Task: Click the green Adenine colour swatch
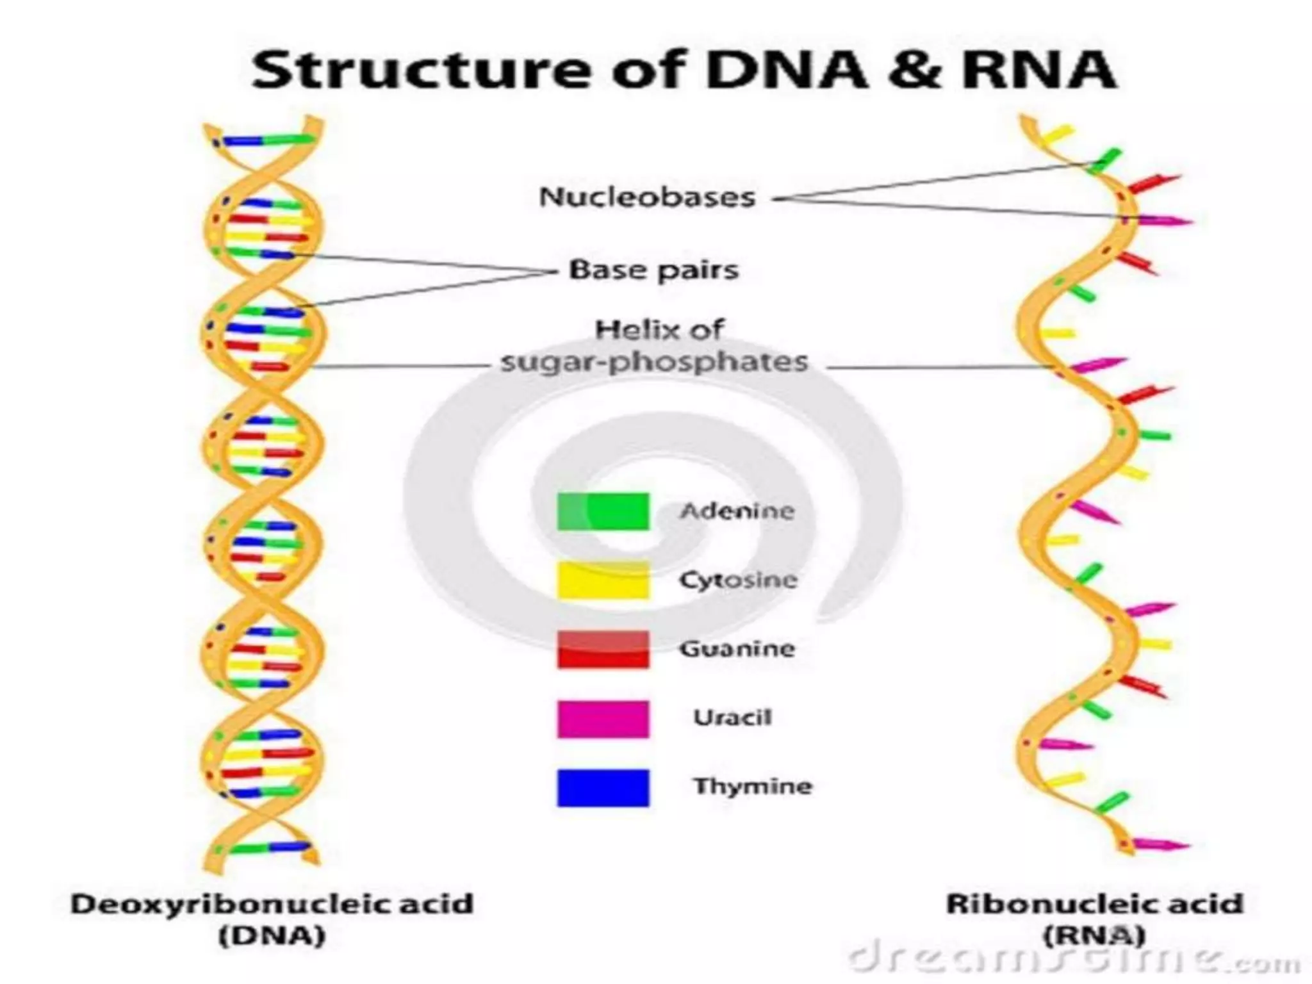pyautogui.click(x=603, y=511)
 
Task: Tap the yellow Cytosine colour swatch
pyautogui.click(x=603, y=580)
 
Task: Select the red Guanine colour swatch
pyautogui.click(x=603, y=650)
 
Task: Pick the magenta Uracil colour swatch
pyautogui.click(x=603, y=719)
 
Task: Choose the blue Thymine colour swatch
pyautogui.click(x=603, y=787)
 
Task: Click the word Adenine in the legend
pyautogui.click(x=737, y=511)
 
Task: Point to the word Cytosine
pyautogui.click(x=738, y=580)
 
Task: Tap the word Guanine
pyautogui.click(x=737, y=649)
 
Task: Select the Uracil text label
pyautogui.click(x=732, y=717)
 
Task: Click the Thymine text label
pyautogui.click(x=753, y=786)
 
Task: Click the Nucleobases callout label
pyautogui.click(x=647, y=197)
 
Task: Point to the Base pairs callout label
pyautogui.click(x=654, y=270)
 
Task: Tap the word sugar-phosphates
pyautogui.click(x=654, y=363)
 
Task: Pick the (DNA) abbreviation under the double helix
pyautogui.click(x=272, y=936)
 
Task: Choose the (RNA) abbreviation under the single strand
pyautogui.click(x=1094, y=936)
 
